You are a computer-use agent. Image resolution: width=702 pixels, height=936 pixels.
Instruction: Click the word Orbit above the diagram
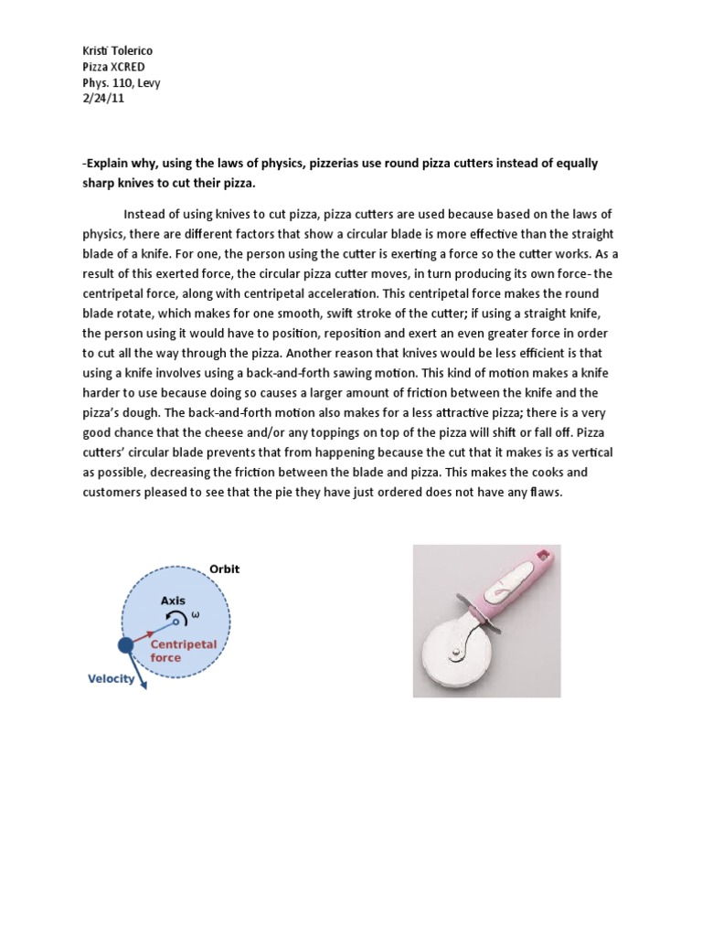[224, 569]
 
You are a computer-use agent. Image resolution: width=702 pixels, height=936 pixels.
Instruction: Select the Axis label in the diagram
[174, 601]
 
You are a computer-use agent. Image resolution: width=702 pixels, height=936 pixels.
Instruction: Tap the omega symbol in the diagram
[194, 615]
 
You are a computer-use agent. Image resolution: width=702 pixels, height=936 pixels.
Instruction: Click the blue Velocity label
[111, 678]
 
